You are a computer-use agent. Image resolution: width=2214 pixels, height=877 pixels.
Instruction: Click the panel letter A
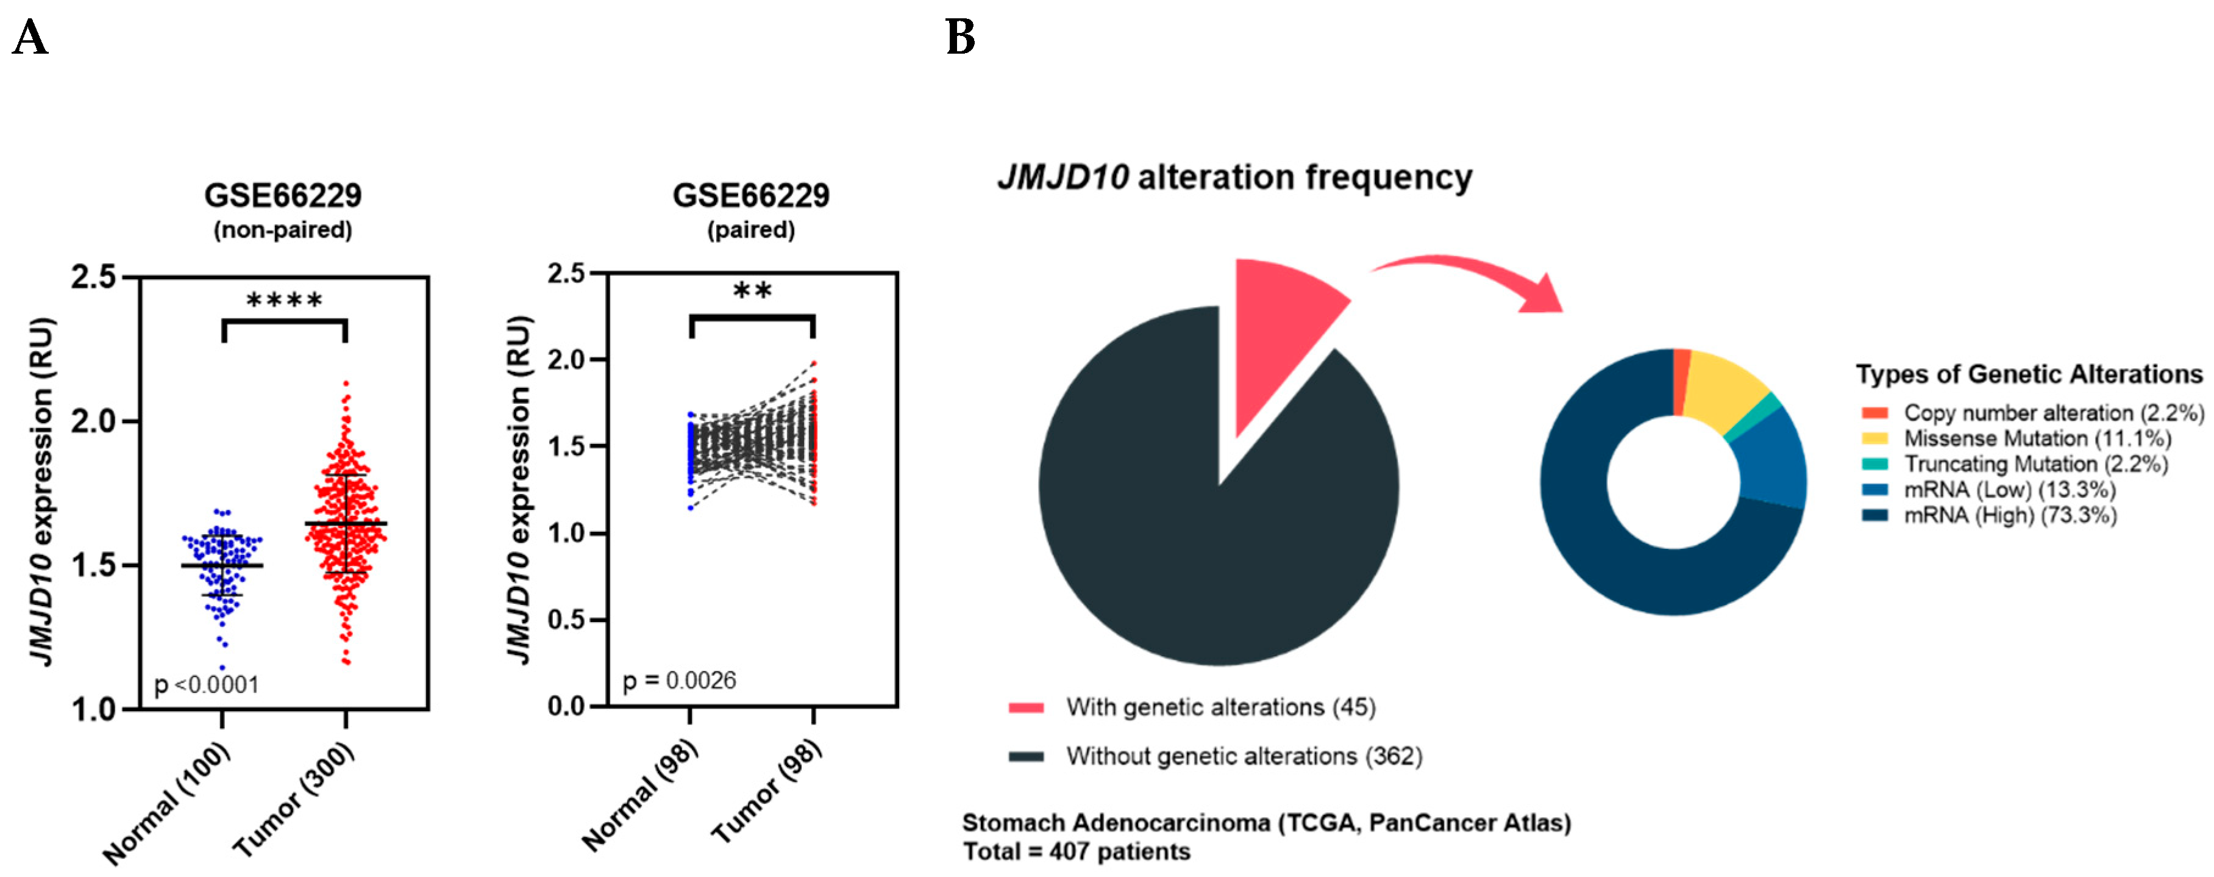[30, 38]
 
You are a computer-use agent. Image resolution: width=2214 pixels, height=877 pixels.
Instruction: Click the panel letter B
[960, 38]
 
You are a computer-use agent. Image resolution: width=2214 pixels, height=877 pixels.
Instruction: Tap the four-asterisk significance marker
[285, 301]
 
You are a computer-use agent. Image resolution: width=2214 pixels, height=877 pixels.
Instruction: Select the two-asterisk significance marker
[752, 292]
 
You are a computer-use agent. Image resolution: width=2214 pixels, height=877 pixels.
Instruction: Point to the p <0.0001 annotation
[206, 684]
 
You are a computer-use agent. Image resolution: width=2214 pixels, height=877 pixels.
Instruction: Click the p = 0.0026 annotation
[679, 681]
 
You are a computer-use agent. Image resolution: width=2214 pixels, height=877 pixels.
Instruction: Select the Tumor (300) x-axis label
[294, 800]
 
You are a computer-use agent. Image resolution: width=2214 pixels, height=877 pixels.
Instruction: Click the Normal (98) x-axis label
[640, 795]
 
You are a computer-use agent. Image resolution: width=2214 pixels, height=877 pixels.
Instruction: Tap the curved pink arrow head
[1543, 296]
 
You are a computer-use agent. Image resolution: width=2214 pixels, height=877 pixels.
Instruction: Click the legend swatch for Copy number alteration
[1874, 413]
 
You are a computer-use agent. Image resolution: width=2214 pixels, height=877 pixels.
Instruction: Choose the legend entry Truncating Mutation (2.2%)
[2035, 464]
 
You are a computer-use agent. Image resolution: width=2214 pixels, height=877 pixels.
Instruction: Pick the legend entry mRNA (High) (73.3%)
[2009, 515]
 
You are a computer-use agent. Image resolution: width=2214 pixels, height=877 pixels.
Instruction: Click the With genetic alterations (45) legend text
[1220, 707]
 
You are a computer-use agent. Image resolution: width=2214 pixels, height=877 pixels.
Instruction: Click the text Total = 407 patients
[1076, 852]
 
